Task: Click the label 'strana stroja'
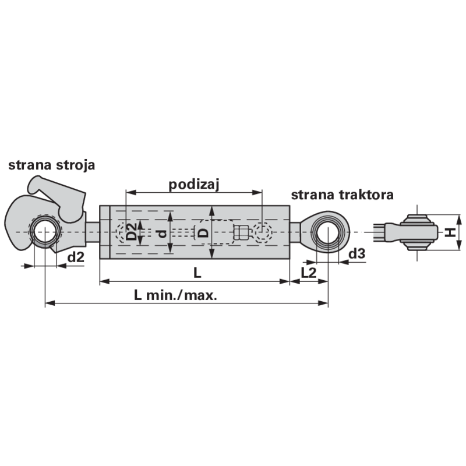(x=51, y=165)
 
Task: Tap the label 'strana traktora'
(x=342, y=195)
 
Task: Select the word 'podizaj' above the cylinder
(x=194, y=185)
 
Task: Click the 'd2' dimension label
(x=76, y=257)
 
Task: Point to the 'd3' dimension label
(x=356, y=254)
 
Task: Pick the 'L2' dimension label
(x=309, y=273)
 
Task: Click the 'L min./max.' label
(x=175, y=295)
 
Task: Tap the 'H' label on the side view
(x=450, y=232)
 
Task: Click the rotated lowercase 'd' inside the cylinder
(x=163, y=234)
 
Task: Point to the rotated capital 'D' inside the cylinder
(x=203, y=232)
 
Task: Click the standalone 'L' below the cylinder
(x=197, y=273)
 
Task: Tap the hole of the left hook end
(x=45, y=232)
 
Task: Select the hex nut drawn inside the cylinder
(x=241, y=232)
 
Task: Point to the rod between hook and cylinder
(x=93, y=232)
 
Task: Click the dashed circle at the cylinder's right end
(x=263, y=231)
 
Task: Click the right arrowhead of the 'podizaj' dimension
(x=257, y=193)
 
